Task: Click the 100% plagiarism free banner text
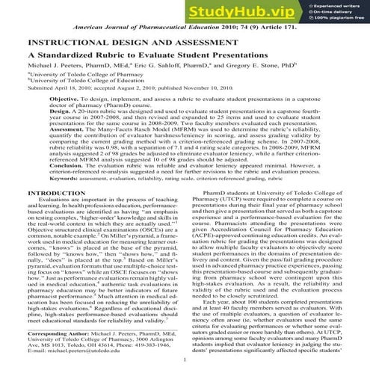tap(341, 19)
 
